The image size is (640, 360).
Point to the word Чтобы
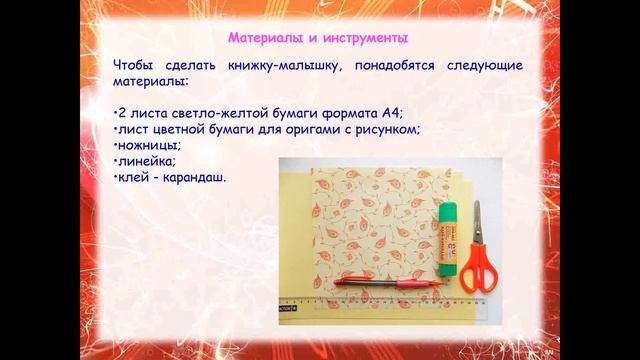pyautogui.click(x=133, y=66)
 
